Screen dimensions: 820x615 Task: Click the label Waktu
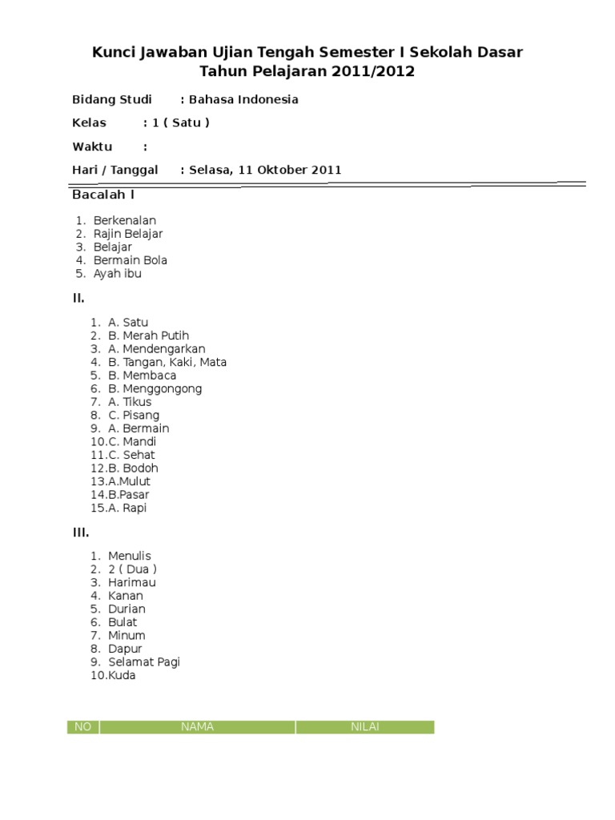pyautogui.click(x=92, y=147)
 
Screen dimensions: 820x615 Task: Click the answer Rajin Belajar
pyautogui.click(x=128, y=234)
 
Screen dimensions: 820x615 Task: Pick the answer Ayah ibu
pyautogui.click(x=117, y=273)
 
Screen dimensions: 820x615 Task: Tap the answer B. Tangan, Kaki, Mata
pyautogui.click(x=167, y=362)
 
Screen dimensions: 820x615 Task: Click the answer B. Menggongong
pyautogui.click(x=155, y=388)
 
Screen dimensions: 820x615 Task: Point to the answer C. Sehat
pyautogui.click(x=131, y=455)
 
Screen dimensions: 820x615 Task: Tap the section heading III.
pyautogui.click(x=81, y=533)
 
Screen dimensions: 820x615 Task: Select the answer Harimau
pyautogui.click(x=132, y=582)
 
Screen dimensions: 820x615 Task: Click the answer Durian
pyautogui.click(x=127, y=609)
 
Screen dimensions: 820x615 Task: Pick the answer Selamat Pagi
pyautogui.click(x=144, y=661)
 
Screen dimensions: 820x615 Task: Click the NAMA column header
pyautogui.click(x=197, y=727)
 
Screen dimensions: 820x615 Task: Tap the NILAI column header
pyautogui.click(x=364, y=727)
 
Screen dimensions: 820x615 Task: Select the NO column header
pyautogui.click(x=82, y=727)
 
